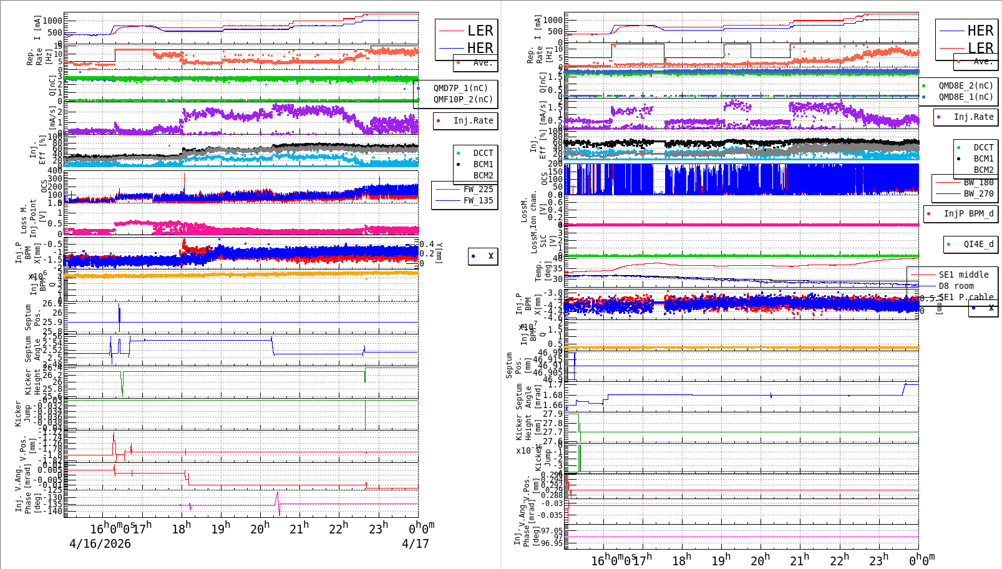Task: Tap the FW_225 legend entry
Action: point(478,189)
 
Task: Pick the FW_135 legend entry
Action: point(478,200)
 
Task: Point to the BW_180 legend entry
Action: point(978,182)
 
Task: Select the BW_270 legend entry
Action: point(978,193)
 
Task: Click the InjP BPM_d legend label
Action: point(968,213)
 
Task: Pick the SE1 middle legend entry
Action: point(963,275)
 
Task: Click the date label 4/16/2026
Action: point(100,543)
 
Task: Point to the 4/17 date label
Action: point(415,543)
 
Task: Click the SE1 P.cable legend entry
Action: point(966,297)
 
